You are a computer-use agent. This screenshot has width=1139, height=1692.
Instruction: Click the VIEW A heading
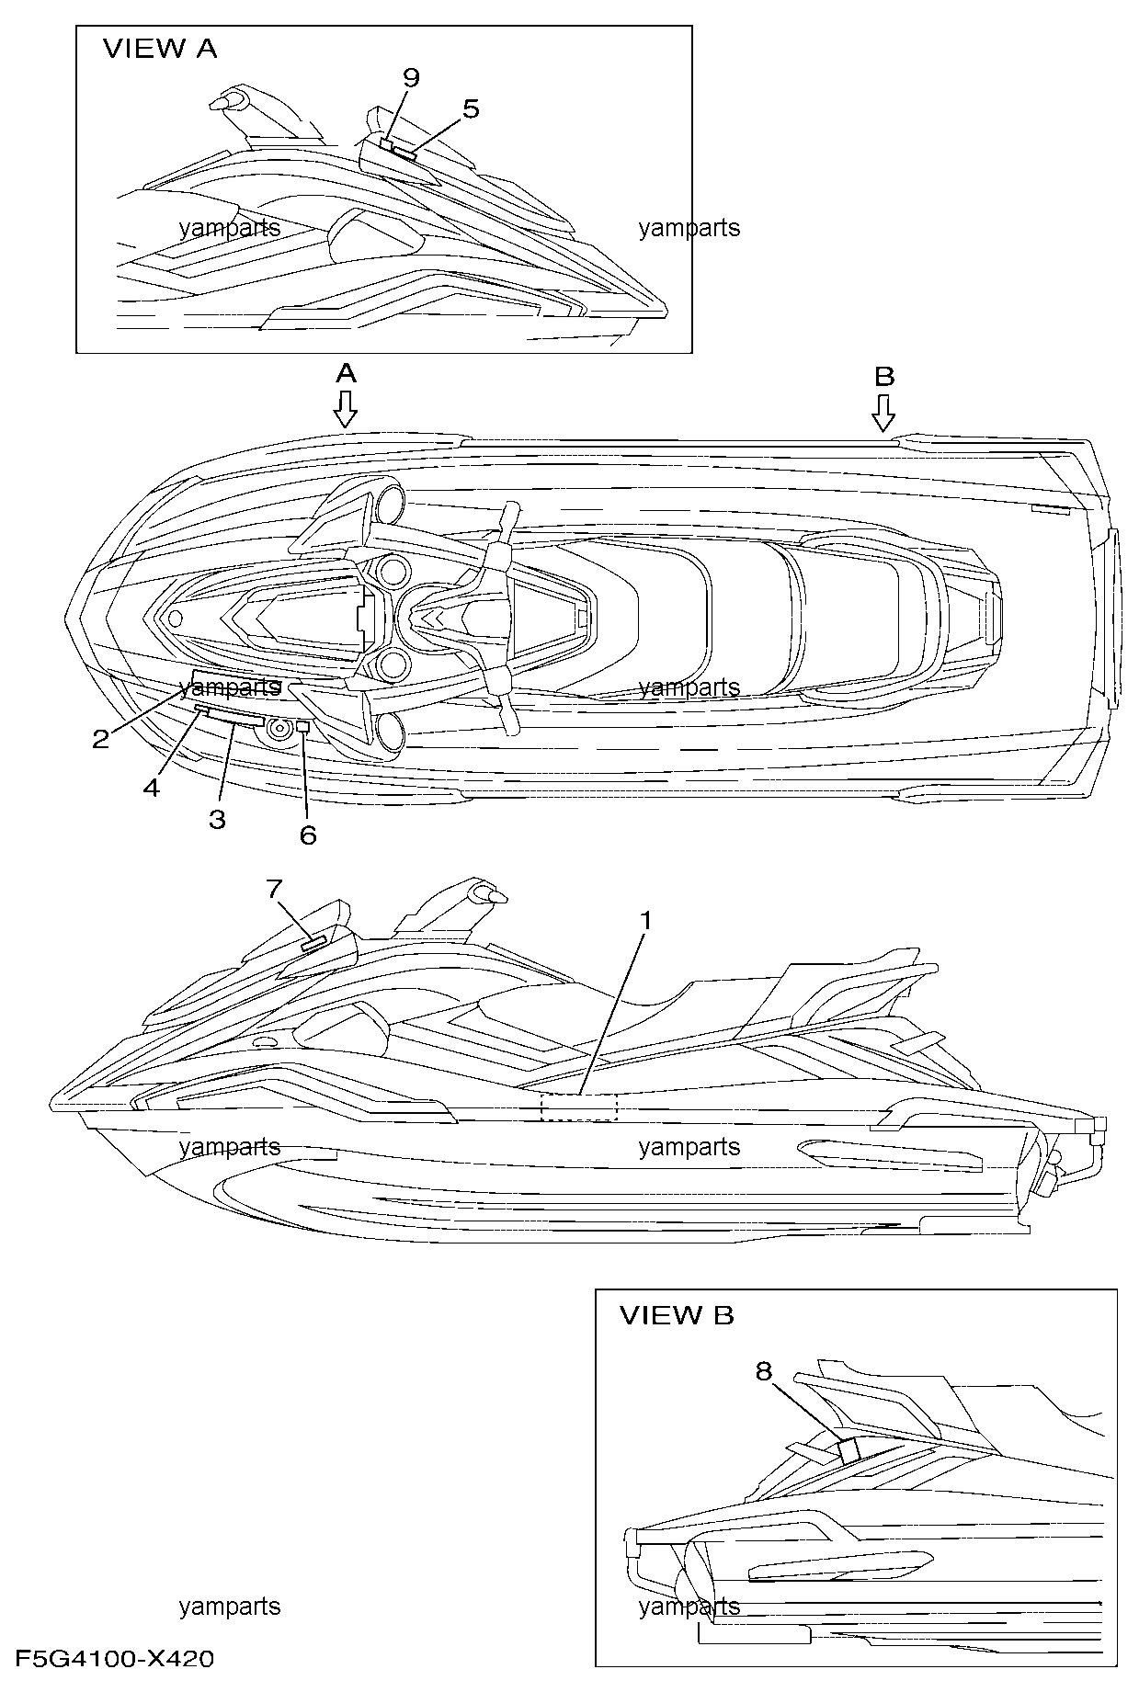(160, 49)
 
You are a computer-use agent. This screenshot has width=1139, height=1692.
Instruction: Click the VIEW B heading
(677, 1315)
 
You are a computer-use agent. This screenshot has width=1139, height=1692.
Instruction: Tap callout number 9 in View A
(410, 78)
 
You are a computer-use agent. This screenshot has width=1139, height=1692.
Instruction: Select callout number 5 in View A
(470, 108)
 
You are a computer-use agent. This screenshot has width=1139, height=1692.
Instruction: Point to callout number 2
(101, 737)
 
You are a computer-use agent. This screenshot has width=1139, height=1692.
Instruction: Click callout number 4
(151, 787)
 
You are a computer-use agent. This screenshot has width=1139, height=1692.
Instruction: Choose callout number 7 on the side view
(273, 888)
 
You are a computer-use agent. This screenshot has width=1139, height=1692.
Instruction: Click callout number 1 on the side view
(646, 919)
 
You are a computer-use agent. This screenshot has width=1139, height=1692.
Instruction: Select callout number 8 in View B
(763, 1371)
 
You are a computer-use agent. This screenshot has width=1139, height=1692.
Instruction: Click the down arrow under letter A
(345, 409)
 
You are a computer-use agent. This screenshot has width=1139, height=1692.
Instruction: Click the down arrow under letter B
(883, 413)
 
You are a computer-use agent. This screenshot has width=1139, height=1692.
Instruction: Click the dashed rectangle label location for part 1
(579, 1107)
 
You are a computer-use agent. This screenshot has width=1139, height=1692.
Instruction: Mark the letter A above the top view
(345, 373)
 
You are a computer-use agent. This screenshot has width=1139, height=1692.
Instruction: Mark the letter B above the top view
(883, 376)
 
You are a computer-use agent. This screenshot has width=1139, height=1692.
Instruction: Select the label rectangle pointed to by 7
(314, 943)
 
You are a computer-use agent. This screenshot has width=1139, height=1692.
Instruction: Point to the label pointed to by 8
(849, 1449)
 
